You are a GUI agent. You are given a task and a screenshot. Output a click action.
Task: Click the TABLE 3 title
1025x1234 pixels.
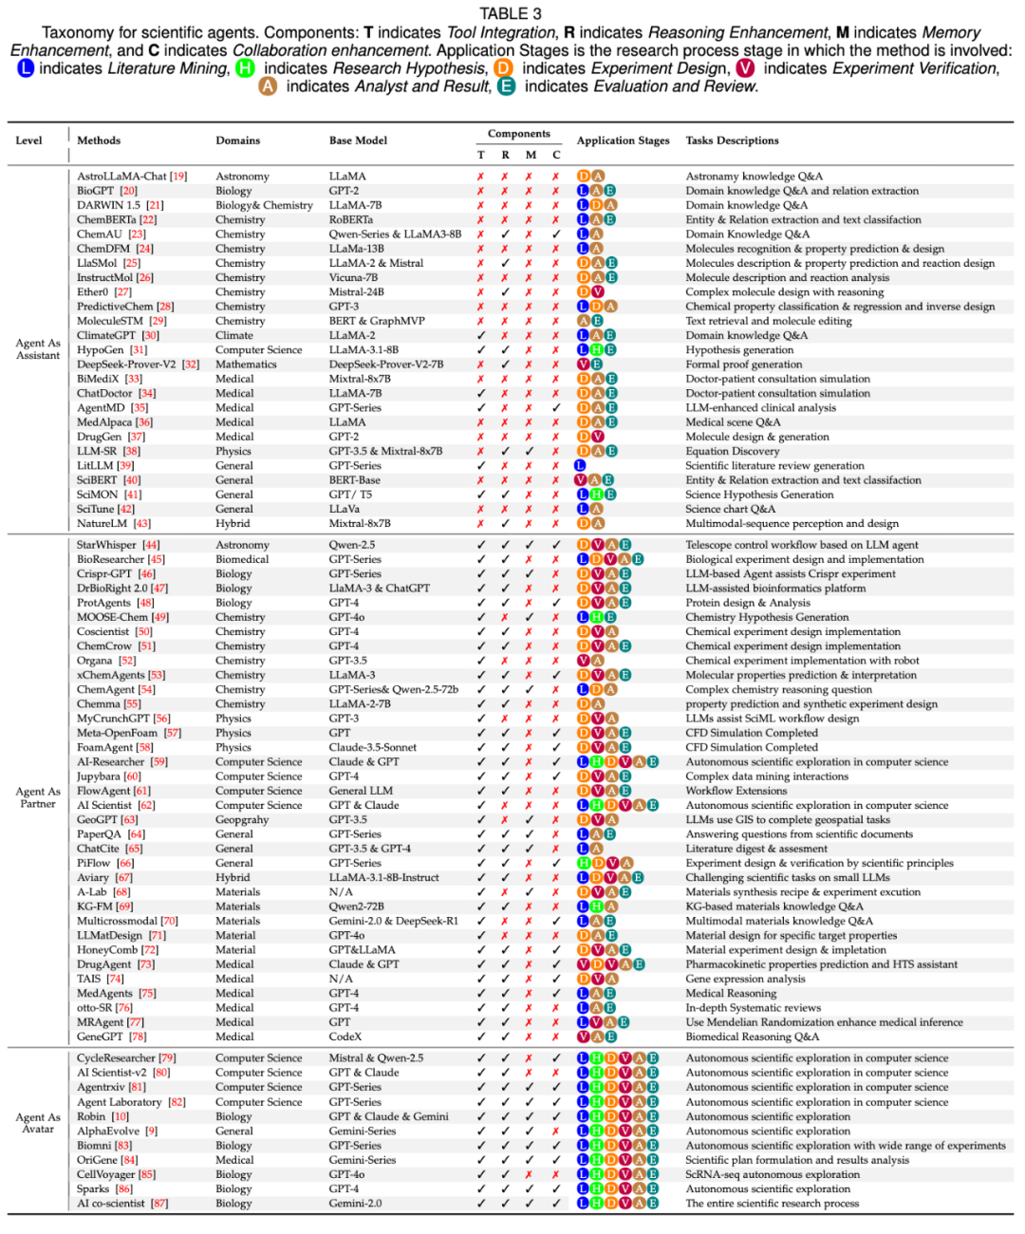[x=511, y=13]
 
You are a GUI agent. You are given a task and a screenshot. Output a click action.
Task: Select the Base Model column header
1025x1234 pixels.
[x=358, y=140]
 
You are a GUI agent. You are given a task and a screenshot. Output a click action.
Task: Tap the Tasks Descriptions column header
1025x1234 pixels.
[x=732, y=140]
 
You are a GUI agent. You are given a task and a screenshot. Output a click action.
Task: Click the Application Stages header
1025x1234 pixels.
[x=623, y=140]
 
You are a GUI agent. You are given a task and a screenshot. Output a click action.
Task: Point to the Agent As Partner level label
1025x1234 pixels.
[x=38, y=797]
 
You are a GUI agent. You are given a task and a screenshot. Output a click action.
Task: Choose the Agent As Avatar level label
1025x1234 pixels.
[x=38, y=1123]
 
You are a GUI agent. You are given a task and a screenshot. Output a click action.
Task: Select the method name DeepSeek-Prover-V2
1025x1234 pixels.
[x=126, y=365]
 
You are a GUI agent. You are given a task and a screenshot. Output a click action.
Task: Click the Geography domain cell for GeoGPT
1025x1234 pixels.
[x=242, y=820]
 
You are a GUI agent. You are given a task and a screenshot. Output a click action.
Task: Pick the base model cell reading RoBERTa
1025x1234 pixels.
[x=350, y=220]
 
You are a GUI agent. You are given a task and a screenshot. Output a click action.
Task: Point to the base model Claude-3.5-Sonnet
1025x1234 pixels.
[x=373, y=748]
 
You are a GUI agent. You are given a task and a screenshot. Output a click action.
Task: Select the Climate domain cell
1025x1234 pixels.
[x=234, y=335]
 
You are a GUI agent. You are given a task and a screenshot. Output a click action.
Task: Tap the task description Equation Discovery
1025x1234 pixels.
[x=732, y=452]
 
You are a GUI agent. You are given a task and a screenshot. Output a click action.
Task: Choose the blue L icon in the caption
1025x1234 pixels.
[x=25, y=68]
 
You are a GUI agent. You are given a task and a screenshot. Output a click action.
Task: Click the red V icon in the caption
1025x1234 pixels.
[x=745, y=68]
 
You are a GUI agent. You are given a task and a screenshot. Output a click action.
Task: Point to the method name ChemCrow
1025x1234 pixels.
[x=103, y=646]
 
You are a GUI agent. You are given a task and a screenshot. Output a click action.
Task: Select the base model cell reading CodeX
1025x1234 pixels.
[x=345, y=1038]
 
